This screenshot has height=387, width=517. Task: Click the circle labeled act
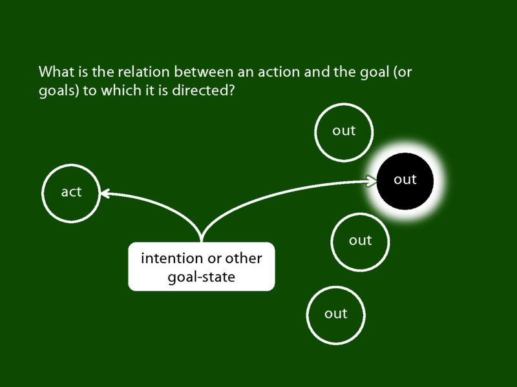[x=71, y=192]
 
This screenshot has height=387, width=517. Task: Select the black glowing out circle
[x=405, y=180]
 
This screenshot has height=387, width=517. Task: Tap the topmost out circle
[x=344, y=131]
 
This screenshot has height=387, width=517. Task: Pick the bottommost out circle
[x=336, y=314]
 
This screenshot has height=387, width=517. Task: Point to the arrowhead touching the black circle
[x=373, y=182]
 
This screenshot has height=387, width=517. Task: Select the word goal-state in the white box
[x=201, y=277]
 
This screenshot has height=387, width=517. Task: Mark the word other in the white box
[x=244, y=259]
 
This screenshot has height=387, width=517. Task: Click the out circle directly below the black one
[x=360, y=241]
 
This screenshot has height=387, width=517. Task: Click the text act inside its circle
[x=71, y=192]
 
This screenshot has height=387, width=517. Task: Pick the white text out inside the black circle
[x=405, y=180]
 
